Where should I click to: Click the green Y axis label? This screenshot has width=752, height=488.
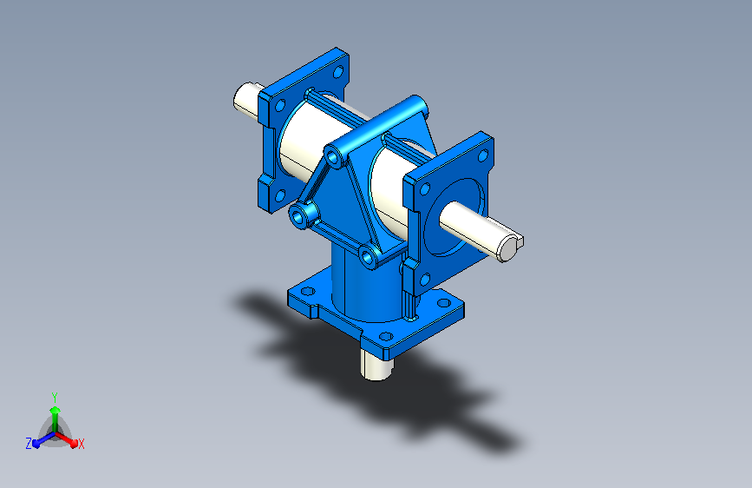55,398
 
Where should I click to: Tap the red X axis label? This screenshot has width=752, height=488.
81,445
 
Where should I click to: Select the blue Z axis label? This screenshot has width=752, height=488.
29,444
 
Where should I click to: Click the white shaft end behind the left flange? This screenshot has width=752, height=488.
246,100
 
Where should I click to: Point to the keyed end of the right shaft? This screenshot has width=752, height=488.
510,247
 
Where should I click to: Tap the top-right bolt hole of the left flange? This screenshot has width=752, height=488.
338,73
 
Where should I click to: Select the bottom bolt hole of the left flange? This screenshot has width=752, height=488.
280,196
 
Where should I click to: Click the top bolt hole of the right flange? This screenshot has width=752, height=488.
483,155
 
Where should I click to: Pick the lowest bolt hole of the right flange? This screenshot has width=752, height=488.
425,280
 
